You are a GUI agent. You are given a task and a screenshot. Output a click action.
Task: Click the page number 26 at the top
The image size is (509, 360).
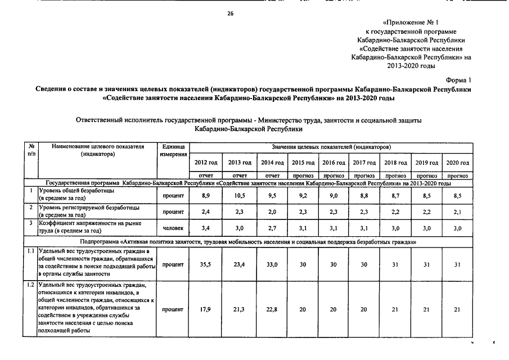click(230, 13)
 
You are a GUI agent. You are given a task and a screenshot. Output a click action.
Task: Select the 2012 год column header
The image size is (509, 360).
click(206, 163)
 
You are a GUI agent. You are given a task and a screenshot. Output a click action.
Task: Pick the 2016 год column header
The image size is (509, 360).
click(334, 163)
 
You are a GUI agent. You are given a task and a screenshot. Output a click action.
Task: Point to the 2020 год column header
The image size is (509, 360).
click(457, 163)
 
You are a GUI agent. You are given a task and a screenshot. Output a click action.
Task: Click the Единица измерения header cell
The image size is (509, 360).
click(173, 151)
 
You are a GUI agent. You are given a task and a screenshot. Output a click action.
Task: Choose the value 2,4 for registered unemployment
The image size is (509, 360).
click(206, 211)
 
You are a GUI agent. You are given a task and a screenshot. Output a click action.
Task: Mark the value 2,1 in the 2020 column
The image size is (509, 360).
click(457, 211)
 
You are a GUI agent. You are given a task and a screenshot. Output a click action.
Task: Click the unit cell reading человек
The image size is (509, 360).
click(173, 228)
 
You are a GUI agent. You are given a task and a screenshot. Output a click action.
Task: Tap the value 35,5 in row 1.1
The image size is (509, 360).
click(206, 264)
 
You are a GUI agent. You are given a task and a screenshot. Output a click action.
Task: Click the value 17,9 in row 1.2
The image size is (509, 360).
click(206, 309)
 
